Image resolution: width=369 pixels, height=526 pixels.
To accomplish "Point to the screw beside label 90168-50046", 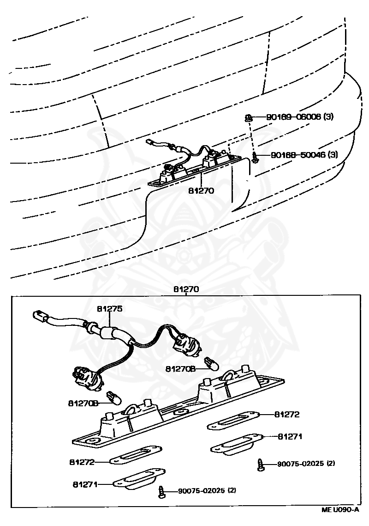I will [x=255, y=158].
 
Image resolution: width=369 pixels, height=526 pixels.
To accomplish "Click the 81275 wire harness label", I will [x=109, y=309].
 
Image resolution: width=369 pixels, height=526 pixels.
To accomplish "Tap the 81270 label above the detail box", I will [x=186, y=289].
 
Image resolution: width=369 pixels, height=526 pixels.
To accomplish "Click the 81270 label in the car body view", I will [x=201, y=190].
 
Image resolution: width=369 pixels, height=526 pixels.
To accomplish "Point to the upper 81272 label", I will [x=287, y=415].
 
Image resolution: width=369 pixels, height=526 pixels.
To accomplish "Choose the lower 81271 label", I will [x=86, y=484].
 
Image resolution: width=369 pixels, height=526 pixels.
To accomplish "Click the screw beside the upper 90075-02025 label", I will [x=261, y=465].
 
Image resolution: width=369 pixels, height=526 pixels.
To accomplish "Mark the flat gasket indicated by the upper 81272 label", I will [x=232, y=421].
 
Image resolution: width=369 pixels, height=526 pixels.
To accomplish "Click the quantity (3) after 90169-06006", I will [x=328, y=117].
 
